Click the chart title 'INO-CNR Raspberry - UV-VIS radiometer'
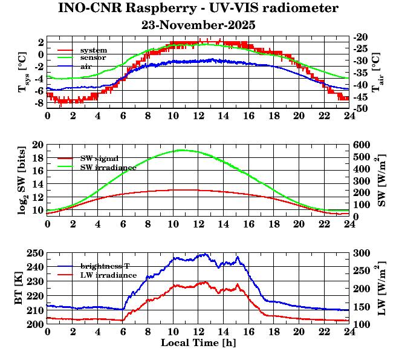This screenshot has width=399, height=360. (198, 8)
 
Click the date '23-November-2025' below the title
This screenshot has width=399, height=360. (198, 25)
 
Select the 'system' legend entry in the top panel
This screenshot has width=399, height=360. (94, 50)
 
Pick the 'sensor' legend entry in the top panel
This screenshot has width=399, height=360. (94, 57)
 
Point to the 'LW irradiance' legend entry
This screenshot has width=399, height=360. (108, 275)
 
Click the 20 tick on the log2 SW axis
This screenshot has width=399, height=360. (39, 145)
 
